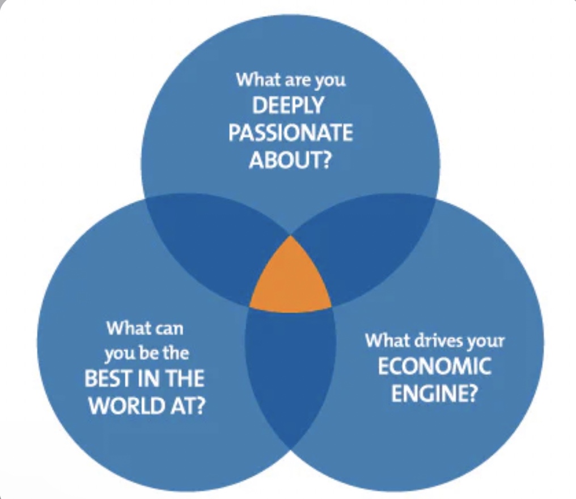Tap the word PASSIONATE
coord(290,133)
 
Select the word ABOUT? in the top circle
coord(290,160)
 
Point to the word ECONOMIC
coord(434,367)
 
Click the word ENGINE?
coord(434,394)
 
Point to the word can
coord(170,328)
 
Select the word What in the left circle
coord(129,328)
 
